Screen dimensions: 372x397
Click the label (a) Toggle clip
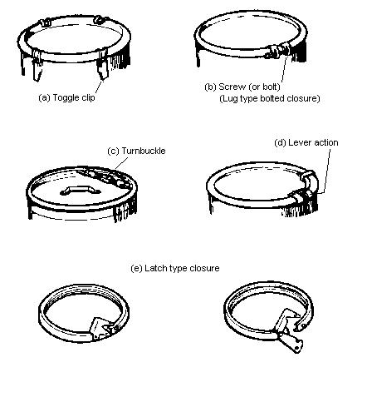(66, 97)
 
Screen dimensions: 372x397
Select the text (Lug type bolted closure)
(270, 98)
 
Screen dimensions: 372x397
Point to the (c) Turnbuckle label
(136, 151)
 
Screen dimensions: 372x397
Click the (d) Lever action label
(306, 142)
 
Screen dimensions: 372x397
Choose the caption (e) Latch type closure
(175, 268)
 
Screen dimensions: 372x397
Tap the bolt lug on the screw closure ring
(278, 51)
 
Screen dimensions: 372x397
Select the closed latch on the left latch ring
(103, 328)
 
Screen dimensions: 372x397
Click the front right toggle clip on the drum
(103, 64)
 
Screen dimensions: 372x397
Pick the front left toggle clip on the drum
(37, 65)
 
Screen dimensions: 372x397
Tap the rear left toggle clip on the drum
(45, 22)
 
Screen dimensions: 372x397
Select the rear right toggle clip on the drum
(98, 19)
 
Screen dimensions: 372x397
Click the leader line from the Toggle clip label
(99, 87)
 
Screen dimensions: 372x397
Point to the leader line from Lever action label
(325, 171)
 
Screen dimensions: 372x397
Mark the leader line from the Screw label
(284, 68)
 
